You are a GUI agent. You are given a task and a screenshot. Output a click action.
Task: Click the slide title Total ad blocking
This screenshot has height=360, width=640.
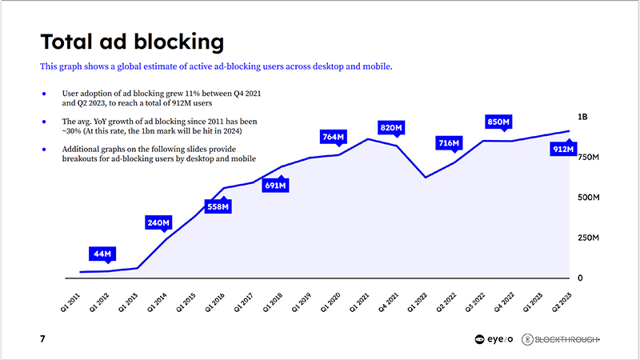[132, 42]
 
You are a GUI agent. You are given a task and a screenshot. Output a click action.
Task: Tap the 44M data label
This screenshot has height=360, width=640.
[102, 254]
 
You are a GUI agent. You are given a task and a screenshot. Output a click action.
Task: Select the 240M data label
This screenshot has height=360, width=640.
[159, 222]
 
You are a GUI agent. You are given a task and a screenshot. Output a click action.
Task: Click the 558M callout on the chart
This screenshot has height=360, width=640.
[218, 206]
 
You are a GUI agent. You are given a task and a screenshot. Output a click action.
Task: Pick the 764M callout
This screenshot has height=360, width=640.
[333, 138]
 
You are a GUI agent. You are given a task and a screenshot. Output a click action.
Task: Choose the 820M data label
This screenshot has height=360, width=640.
[391, 127]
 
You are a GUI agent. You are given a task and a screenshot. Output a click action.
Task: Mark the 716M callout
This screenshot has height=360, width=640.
[449, 143]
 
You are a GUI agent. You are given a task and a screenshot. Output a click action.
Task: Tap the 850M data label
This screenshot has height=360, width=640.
[498, 122]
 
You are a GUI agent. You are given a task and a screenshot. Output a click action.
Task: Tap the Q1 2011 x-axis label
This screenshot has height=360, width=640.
[70, 298]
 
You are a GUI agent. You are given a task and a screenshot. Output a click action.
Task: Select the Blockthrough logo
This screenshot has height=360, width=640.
[561, 339]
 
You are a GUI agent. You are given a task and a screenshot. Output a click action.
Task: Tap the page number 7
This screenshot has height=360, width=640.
[42, 339]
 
